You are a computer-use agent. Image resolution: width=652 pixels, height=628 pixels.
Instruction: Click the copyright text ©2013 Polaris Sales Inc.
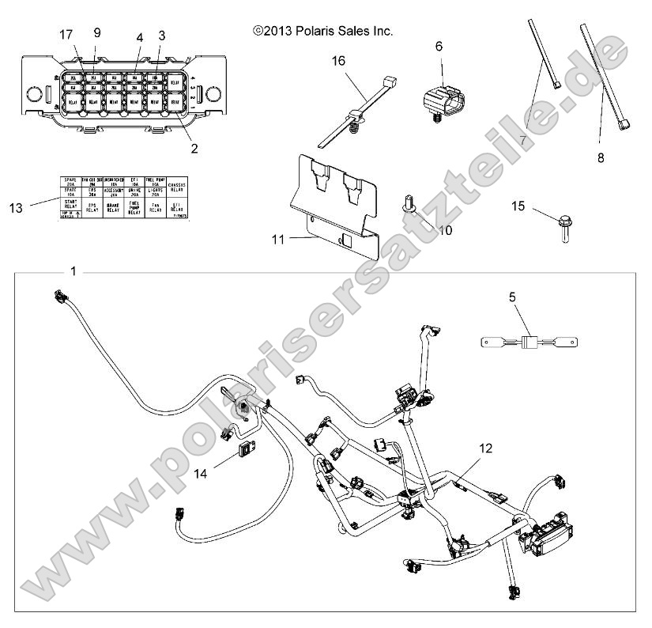click(x=322, y=32)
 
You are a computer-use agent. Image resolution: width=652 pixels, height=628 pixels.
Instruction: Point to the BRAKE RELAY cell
click(x=113, y=207)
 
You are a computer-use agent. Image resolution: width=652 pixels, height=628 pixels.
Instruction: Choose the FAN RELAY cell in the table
click(x=155, y=207)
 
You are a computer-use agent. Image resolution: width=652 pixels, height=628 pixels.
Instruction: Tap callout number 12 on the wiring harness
click(x=485, y=448)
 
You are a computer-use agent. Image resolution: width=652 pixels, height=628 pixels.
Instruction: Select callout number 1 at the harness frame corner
click(x=73, y=272)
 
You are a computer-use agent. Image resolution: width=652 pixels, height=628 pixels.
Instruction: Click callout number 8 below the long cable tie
click(x=600, y=158)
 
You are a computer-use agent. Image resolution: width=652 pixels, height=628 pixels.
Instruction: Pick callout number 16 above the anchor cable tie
click(x=339, y=60)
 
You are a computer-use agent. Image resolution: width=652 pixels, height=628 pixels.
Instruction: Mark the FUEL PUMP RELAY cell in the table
click(x=134, y=209)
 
